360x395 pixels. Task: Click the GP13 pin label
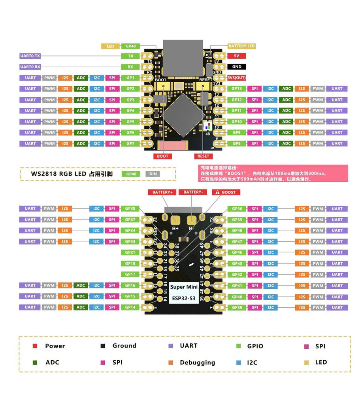(237, 89)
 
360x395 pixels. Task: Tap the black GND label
(237, 67)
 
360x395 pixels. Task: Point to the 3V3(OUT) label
(237, 78)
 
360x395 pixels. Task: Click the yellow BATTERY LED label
(242, 46)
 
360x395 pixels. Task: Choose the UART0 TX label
(30, 56)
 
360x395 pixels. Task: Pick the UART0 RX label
(30, 67)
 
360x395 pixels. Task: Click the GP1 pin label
(130, 78)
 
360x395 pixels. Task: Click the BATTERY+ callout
(161, 192)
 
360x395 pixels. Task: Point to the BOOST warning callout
(226, 192)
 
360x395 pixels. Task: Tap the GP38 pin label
(130, 209)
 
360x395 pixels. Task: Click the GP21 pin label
(130, 252)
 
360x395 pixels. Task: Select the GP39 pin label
(237, 307)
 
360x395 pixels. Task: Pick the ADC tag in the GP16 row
(81, 285)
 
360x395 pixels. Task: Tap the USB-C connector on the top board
(180, 57)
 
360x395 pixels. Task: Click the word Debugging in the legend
(197, 363)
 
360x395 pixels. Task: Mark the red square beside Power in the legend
(35, 346)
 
